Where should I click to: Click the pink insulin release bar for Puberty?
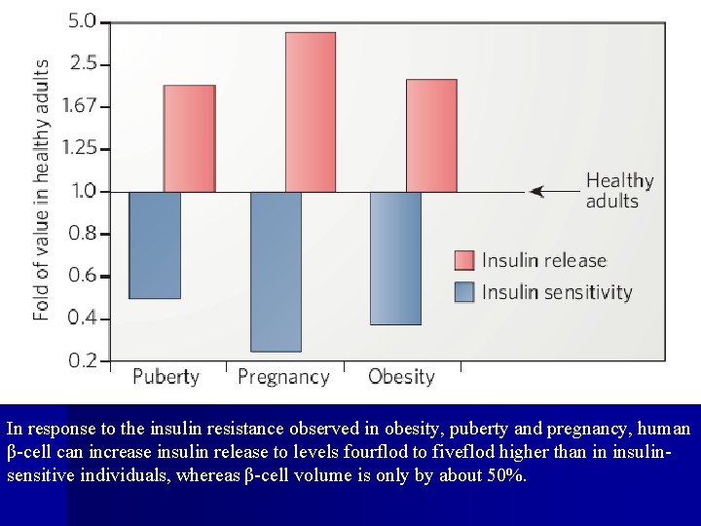[189, 138]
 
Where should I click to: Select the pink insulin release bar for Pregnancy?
[310, 112]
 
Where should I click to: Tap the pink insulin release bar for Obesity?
[430, 135]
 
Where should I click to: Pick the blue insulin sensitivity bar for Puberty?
[155, 244]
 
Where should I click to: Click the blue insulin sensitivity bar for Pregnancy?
[276, 271]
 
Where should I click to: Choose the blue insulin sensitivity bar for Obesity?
[395, 258]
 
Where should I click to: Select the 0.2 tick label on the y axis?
[82, 360]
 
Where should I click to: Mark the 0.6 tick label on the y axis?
[82, 276]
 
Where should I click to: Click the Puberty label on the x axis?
[166, 377]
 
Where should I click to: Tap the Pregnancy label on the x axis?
[283, 377]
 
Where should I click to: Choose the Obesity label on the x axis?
[401, 377]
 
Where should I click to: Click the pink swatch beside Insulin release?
[464, 261]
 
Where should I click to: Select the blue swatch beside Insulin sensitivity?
[464, 292]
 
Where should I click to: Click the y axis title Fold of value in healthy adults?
[42, 190]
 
